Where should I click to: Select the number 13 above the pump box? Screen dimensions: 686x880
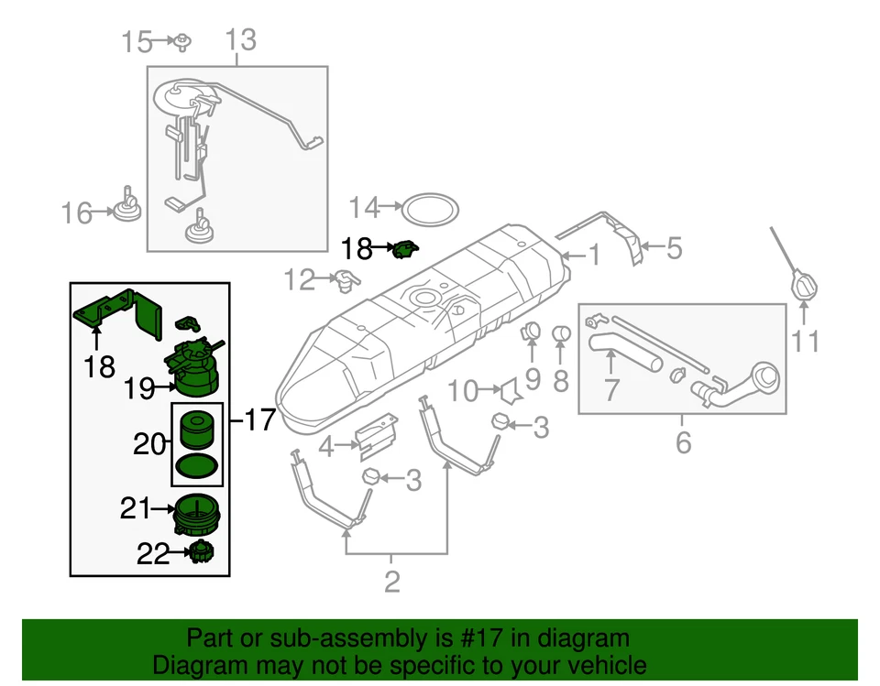point(241,40)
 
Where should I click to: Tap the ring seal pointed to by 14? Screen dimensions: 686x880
point(431,208)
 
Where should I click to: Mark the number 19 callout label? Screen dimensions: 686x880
point(139,390)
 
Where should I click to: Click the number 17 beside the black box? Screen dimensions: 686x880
point(259,420)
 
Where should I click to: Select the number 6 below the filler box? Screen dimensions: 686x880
point(683,443)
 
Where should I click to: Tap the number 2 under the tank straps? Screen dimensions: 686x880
point(391,581)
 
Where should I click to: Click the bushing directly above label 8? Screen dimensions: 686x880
point(563,332)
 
